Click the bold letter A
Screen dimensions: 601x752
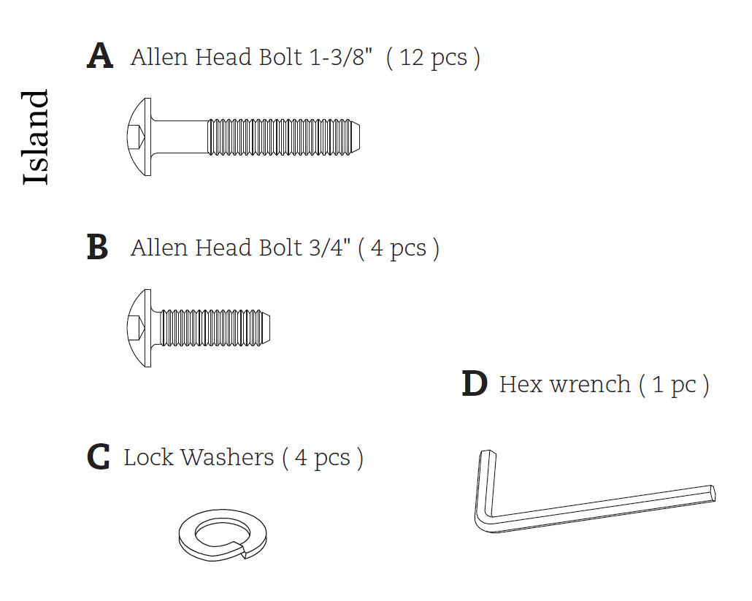coord(100,56)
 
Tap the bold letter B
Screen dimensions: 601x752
coord(98,248)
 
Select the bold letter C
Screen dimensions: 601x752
coord(98,457)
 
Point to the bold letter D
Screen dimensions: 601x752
coord(475,384)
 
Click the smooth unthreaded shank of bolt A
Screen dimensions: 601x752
coord(180,137)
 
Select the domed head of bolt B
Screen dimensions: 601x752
coord(139,328)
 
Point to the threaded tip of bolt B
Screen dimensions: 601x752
coord(267,328)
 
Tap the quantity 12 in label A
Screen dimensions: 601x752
coord(412,57)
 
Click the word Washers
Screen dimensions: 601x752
coord(227,458)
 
